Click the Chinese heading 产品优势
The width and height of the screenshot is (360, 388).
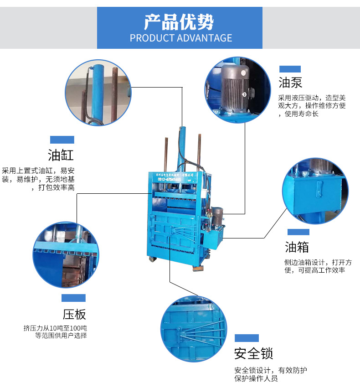[179, 22]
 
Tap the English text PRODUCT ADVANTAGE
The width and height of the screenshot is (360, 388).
[180, 38]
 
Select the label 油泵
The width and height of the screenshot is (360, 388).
[290, 82]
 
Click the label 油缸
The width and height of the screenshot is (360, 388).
[61, 155]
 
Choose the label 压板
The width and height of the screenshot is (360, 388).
[74, 314]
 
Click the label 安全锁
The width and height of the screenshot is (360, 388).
[253, 353]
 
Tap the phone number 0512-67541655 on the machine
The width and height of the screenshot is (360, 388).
[169, 180]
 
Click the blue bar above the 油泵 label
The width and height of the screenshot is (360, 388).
[290, 69]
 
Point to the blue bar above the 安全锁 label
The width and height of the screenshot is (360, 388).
[247, 338]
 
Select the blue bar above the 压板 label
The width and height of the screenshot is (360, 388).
[74, 298]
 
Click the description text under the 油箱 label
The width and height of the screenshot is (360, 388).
[318, 266]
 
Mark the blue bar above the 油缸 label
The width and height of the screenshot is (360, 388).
[62, 140]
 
